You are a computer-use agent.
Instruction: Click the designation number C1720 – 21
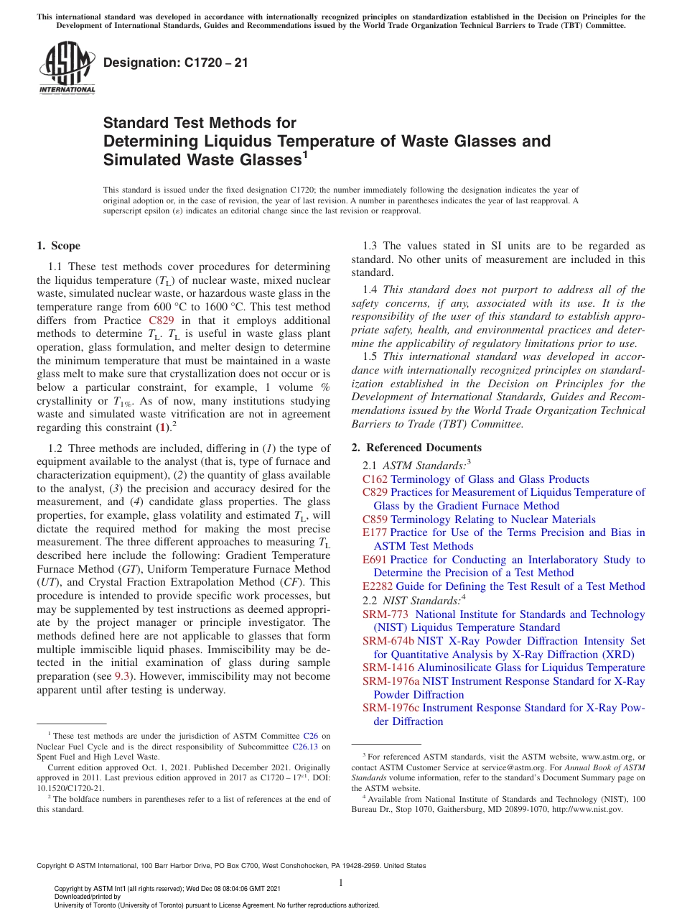(176, 63)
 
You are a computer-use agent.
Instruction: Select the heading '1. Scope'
(58, 246)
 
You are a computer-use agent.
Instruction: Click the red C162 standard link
(375, 479)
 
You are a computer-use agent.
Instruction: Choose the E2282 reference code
(378, 586)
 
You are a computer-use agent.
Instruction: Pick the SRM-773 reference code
(386, 614)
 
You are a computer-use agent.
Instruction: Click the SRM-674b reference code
(388, 641)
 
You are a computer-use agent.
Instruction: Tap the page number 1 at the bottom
(341, 882)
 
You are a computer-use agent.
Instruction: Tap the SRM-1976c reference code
(391, 708)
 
